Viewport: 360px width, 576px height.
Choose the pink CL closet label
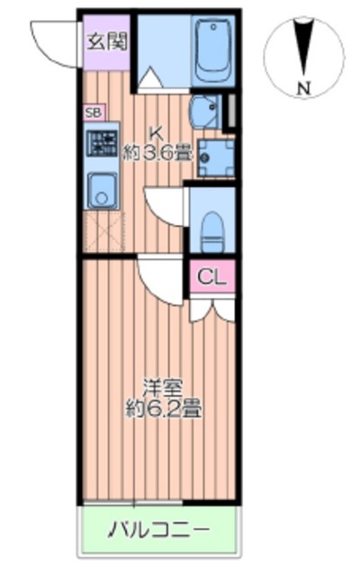tap(213, 276)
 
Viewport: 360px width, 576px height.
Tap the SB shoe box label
tap(94, 112)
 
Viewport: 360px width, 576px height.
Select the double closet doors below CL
tap(213, 309)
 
